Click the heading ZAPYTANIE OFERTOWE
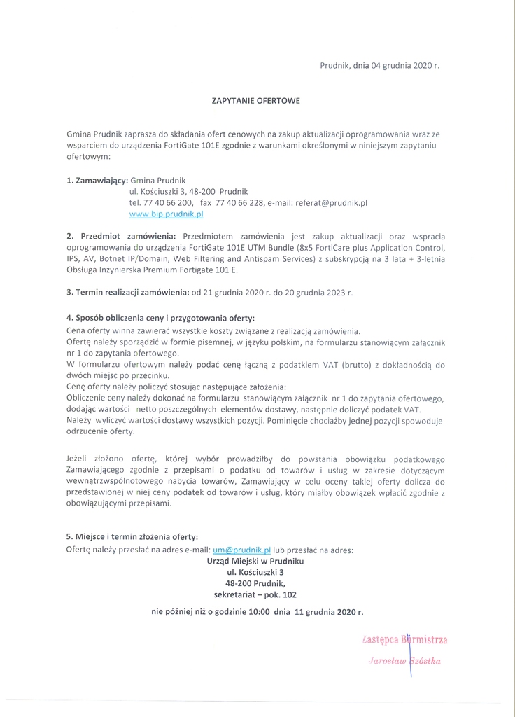[x=256, y=101]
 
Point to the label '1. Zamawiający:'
[x=97, y=180]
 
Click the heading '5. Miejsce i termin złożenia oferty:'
[x=132, y=537]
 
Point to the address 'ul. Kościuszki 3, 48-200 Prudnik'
[x=189, y=191]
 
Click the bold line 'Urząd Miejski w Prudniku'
[x=256, y=561]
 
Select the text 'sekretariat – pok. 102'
[x=255, y=594]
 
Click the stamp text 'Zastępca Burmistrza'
[x=406, y=639]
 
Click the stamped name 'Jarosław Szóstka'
[x=405, y=662]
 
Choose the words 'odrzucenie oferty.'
[x=101, y=432]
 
